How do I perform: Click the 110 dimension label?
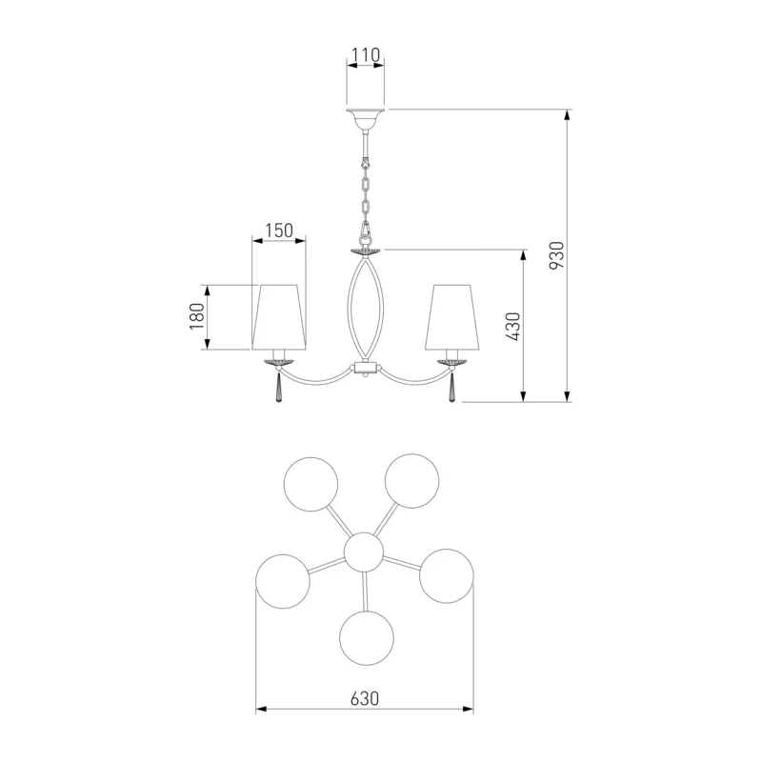tap(366, 55)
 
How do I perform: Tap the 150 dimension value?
tap(279, 231)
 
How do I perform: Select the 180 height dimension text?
tap(197, 316)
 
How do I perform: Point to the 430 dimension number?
tap(512, 326)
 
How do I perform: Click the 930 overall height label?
tap(556, 255)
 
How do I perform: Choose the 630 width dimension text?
tap(365, 699)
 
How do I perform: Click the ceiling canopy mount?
tap(365, 120)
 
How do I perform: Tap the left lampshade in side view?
tap(279, 317)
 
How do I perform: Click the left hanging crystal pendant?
tap(278, 388)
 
